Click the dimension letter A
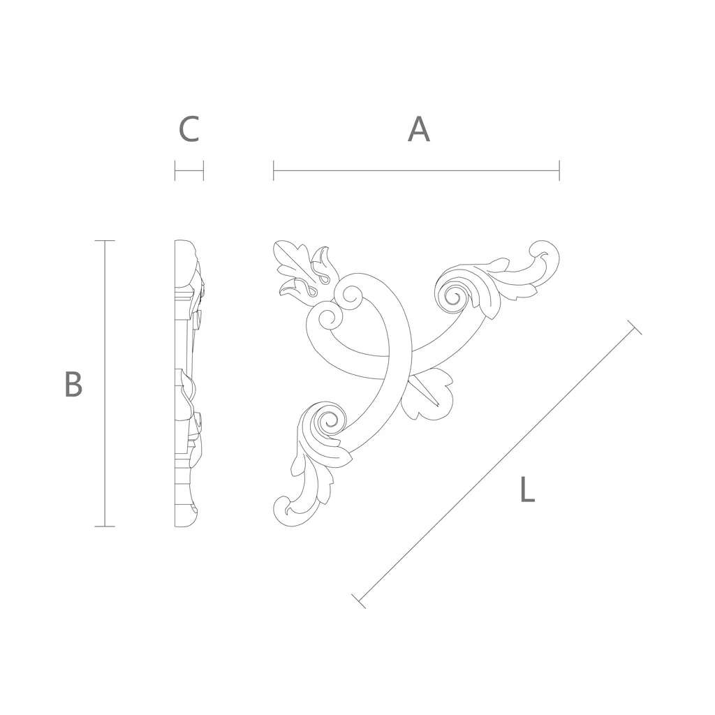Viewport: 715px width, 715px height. click(x=419, y=129)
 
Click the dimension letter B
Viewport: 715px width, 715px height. click(x=73, y=384)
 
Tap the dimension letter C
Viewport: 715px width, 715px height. click(x=189, y=129)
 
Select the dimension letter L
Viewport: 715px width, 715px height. click(x=528, y=489)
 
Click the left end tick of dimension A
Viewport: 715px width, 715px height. click(x=274, y=170)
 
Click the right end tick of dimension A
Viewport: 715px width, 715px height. click(x=559, y=170)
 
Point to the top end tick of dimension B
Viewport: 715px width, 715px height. click(x=105, y=240)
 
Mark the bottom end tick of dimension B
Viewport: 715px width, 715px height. click(x=105, y=526)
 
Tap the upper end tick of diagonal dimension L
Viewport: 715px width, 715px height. click(x=635, y=327)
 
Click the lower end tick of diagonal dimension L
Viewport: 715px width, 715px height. click(x=359, y=601)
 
